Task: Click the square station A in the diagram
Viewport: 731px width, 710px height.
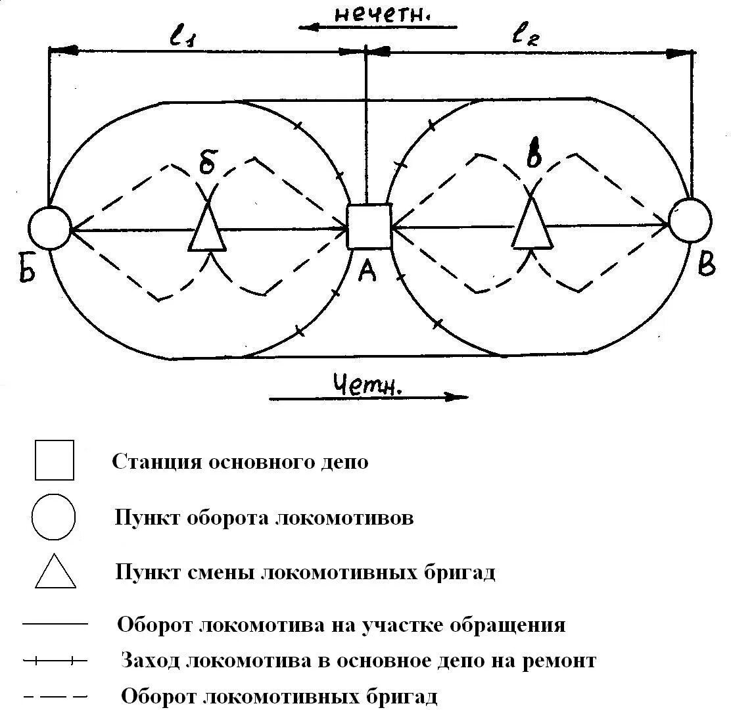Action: point(369,226)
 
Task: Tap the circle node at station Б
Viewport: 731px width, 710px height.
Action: point(49,227)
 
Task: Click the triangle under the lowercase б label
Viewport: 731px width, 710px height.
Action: point(207,227)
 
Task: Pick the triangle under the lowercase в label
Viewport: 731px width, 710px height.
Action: point(532,224)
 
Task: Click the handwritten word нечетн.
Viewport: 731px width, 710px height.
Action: point(381,14)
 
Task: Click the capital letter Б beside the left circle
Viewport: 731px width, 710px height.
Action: point(26,269)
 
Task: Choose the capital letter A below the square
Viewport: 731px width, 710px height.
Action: point(367,269)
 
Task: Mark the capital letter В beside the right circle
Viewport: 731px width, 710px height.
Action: point(706,265)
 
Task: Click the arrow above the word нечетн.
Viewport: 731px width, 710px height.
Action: point(377,28)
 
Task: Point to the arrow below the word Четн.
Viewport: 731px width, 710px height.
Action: point(368,397)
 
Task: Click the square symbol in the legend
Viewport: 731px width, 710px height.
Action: point(55,460)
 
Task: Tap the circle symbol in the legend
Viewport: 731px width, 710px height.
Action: point(53,517)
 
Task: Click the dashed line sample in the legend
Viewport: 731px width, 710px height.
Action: point(55,696)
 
